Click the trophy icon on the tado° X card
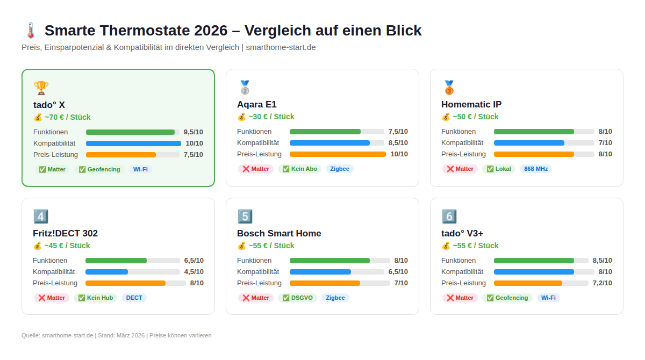tap(41, 88)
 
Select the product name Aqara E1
tap(256, 104)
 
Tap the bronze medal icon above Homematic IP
tap(449, 87)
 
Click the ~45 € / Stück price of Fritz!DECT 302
tap(61, 246)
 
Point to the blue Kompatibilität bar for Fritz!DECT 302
tap(106, 272)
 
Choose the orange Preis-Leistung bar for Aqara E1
tap(338, 154)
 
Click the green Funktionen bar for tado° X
tap(130, 132)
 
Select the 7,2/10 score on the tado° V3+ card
tap(602, 283)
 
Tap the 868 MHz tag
tap(535, 169)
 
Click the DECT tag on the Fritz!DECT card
tap(134, 298)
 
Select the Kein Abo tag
tap(299, 169)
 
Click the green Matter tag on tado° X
tap(52, 169)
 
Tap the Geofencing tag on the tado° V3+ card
tap(507, 298)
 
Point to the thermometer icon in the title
tap(30, 31)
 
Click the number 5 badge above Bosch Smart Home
tap(245, 216)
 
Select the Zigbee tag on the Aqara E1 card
tap(339, 169)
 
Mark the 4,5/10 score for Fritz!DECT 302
tap(193, 272)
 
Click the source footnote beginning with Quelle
tap(116, 335)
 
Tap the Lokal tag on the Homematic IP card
tap(498, 169)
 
